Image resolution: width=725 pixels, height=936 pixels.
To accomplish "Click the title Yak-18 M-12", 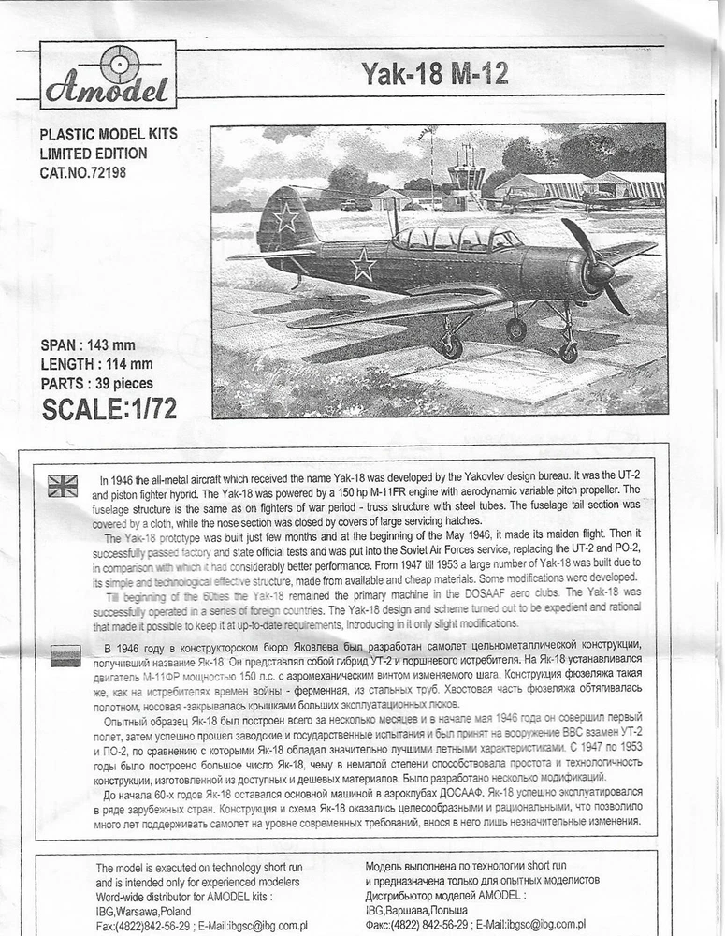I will (435, 74).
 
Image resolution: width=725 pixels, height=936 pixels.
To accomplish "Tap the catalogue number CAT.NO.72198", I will (83, 172).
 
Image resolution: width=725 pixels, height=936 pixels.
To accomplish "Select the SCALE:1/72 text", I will (109, 408).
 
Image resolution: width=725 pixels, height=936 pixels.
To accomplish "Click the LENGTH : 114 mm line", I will (96, 364).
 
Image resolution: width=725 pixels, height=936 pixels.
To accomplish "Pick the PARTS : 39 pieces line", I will (96, 384).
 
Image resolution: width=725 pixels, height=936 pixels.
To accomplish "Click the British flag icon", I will (64, 485).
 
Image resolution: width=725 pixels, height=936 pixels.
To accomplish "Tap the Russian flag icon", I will (65, 655).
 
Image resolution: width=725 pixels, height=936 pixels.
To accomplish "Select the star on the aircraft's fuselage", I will (363, 267).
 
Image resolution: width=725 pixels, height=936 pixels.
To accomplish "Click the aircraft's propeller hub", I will (599, 271).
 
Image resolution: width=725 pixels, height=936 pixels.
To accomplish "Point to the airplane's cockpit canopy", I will (456, 239).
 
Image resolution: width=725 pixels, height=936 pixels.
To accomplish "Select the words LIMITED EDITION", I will (94, 154).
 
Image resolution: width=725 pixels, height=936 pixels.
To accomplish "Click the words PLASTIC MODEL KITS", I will (109, 134).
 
